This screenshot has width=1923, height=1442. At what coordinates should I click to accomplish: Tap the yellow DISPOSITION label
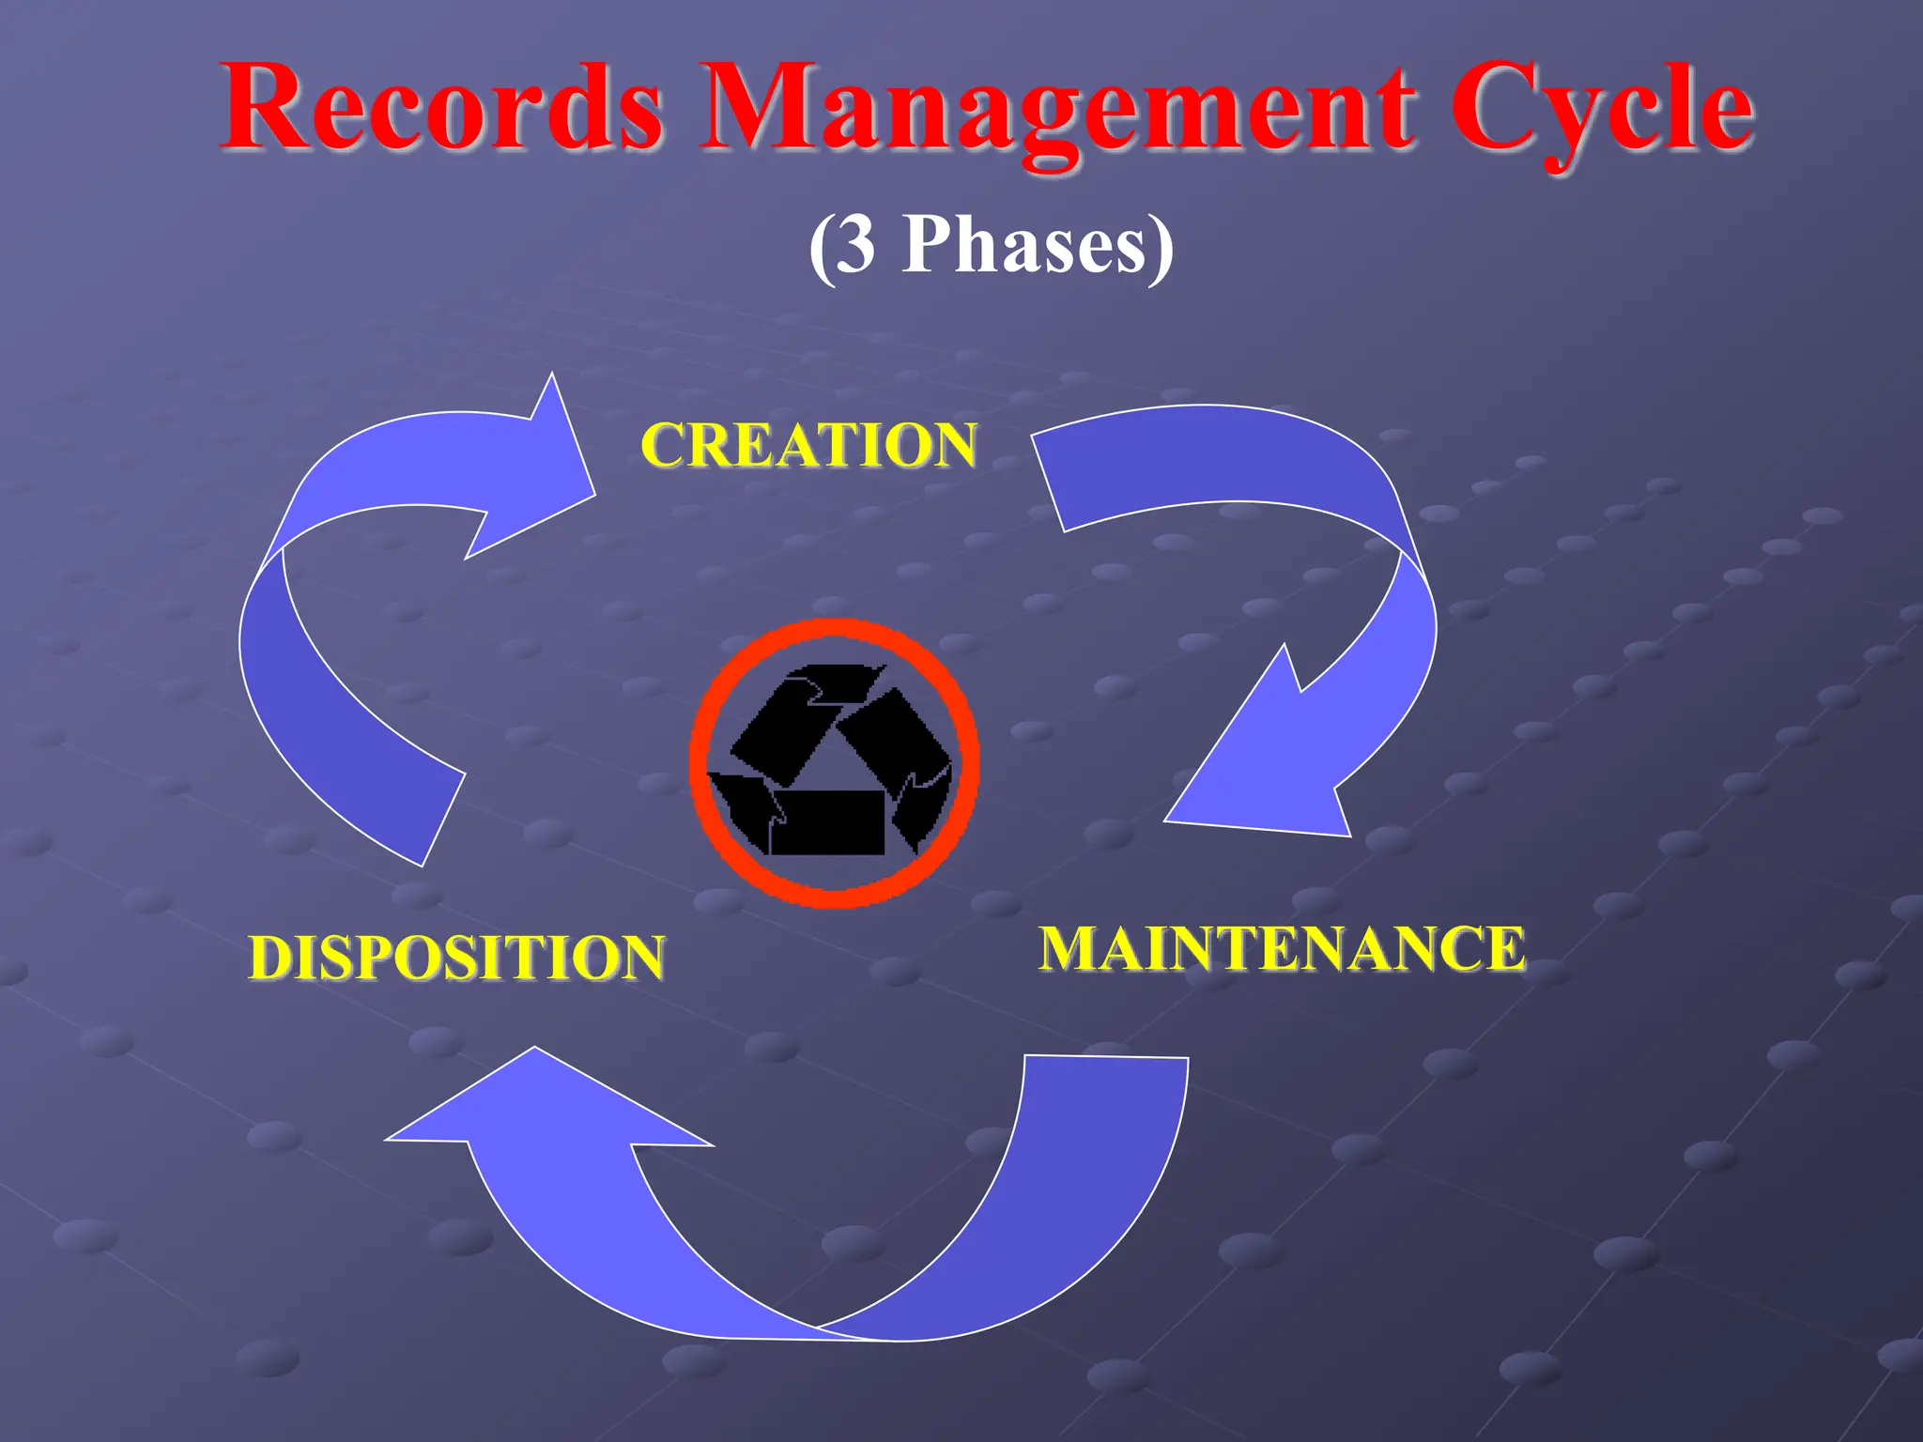tap(456, 958)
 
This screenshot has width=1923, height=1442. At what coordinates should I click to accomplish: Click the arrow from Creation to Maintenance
tap(1315, 526)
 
